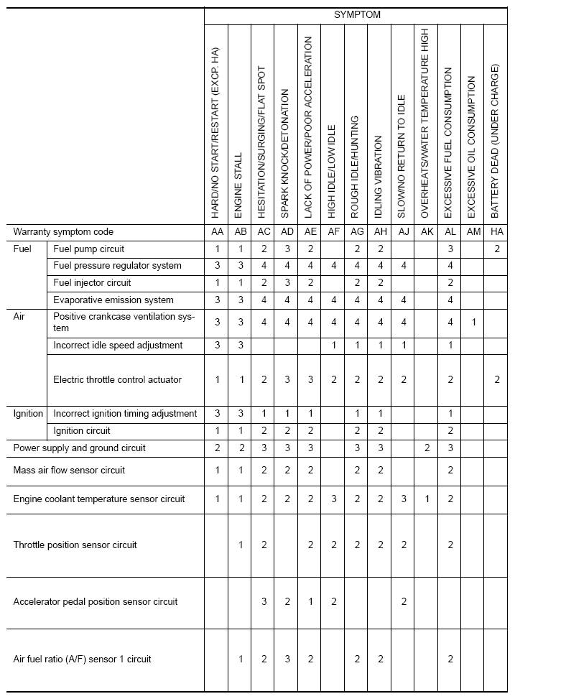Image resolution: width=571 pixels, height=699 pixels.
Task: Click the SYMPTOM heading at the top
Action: (357, 14)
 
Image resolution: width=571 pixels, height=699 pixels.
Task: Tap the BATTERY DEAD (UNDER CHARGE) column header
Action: (496, 142)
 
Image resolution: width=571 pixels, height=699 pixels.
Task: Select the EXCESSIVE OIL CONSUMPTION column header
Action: (472, 147)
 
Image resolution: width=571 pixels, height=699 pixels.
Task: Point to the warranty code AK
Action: (427, 232)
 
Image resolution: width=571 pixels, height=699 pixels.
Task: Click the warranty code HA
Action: (496, 232)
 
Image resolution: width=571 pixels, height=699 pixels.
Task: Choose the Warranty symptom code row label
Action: (63, 232)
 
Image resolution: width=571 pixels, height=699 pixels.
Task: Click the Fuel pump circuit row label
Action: (88, 249)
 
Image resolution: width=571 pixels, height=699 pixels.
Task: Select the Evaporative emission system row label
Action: (113, 300)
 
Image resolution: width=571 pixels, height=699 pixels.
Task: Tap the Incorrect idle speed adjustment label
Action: (118, 346)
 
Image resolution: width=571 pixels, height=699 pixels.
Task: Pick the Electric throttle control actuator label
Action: (117, 380)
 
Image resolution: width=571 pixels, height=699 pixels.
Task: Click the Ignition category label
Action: (29, 414)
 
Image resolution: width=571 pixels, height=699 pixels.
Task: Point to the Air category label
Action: (19, 317)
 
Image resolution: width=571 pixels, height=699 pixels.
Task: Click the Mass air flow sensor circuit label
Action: (69, 471)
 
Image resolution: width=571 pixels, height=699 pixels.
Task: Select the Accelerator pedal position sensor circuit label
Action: (95, 602)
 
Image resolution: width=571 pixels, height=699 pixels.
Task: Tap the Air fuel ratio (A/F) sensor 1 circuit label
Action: (82, 659)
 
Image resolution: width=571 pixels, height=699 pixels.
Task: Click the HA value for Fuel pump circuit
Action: (496, 249)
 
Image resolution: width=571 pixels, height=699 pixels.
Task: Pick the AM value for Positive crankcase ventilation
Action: (473, 323)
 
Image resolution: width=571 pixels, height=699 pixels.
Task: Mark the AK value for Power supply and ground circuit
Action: (427, 448)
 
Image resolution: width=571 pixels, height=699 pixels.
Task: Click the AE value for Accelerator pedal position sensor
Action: (310, 602)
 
